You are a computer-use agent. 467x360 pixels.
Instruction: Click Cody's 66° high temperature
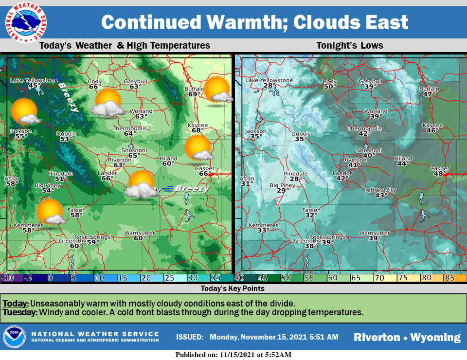94,87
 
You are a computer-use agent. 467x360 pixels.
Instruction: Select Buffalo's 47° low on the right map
429,94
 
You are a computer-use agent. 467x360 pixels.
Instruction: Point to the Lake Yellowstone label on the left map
34,80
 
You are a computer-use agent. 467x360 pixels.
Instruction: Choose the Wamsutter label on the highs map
139,233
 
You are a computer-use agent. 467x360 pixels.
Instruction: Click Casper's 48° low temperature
439,174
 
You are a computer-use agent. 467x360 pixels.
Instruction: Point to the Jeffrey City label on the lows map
381,190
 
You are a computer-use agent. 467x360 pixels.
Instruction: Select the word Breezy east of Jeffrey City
192,188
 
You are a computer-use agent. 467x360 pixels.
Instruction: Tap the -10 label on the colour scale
8,278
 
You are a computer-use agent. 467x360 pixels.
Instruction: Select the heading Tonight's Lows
349,46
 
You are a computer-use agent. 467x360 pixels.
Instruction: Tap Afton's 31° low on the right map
247,183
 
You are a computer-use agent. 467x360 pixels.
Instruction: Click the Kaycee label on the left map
198,125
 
